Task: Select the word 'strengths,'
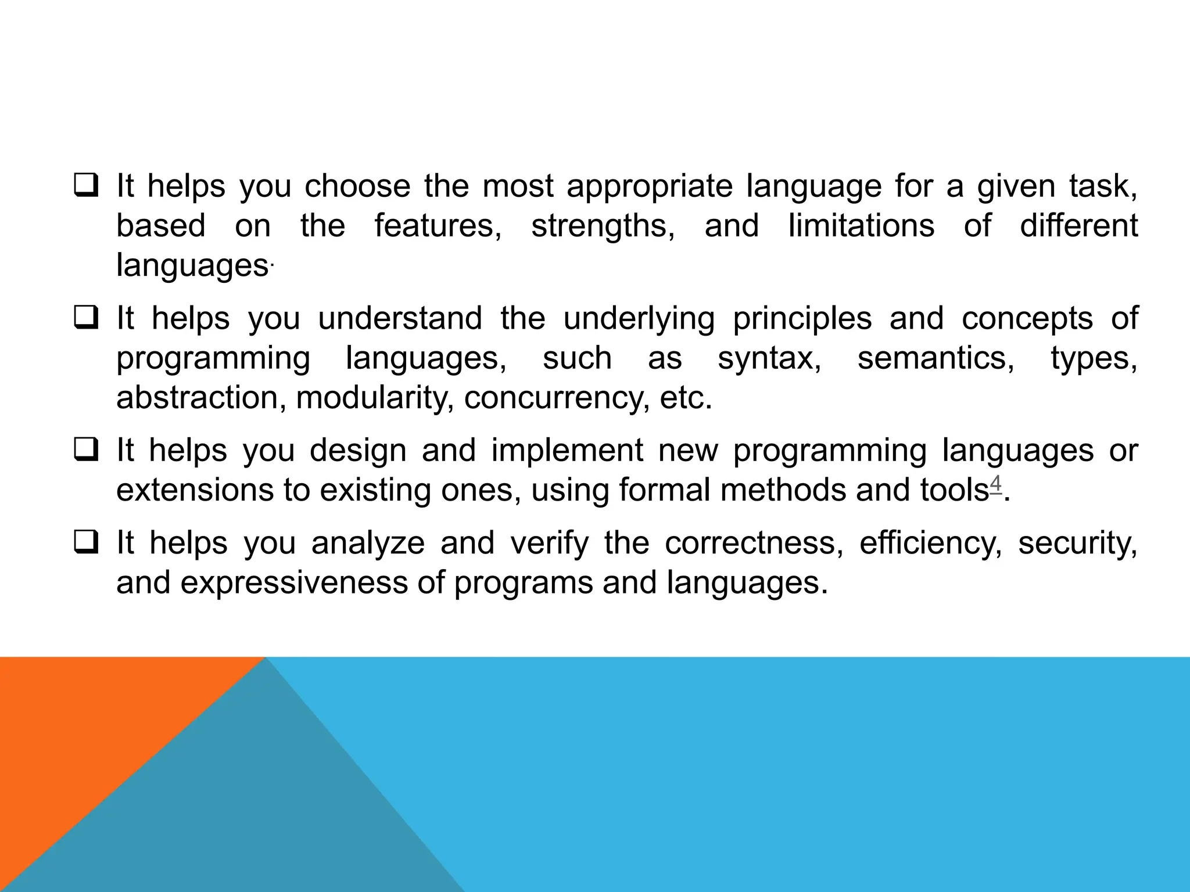point(603,226)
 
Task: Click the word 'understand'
point(400,319)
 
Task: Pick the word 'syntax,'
point(769,359)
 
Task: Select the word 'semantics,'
point(936,358)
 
